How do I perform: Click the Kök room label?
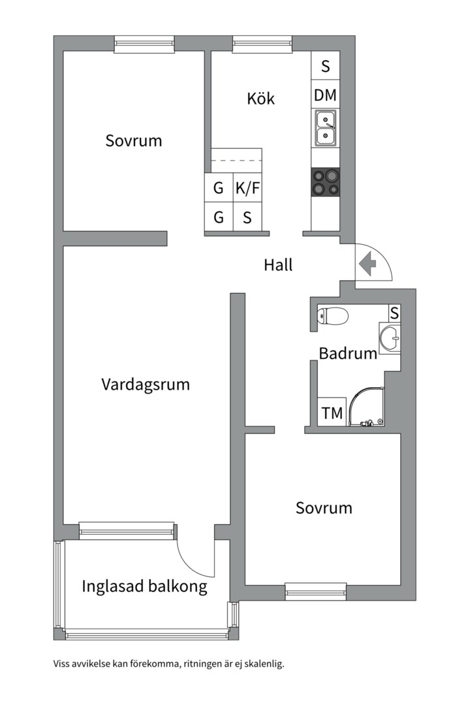point(260,99)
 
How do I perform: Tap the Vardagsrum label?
point(146,384)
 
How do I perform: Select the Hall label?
point(278,265)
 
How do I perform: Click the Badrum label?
point(348,354)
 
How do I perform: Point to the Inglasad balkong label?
point(144,586)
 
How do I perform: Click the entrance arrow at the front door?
point(368,264)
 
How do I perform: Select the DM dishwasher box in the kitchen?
point(325,95)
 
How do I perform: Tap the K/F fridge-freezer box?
point(247,189)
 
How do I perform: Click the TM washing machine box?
point(332,413)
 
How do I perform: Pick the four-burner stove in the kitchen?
point(325,182)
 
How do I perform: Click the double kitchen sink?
point(325,127)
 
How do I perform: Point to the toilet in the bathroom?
point(333,317)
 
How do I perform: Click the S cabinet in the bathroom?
point(394,313)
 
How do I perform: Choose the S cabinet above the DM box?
point(325,66)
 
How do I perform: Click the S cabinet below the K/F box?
point(247,217)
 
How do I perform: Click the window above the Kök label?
point(262,44)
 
